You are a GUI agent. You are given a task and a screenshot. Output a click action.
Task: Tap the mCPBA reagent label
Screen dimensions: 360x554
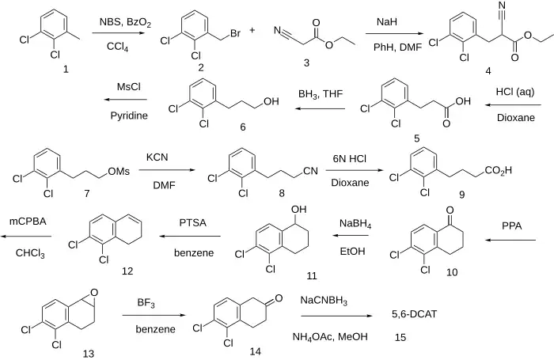pos(28,223)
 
